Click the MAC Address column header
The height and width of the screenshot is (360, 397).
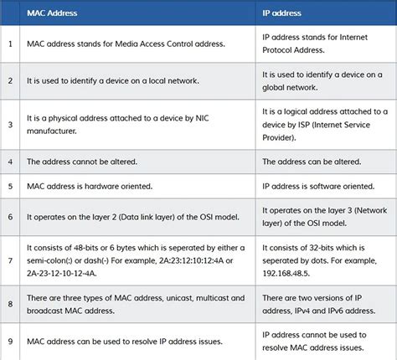[52, 14]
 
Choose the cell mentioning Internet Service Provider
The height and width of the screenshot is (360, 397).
[322, 126]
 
